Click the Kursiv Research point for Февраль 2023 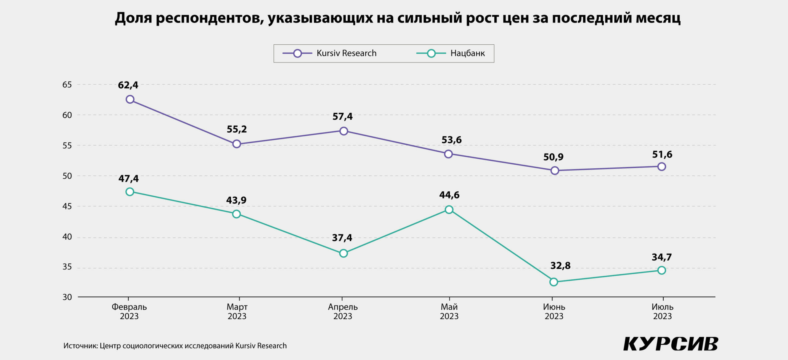click(x=130, y=99)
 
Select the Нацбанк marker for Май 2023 click(x=449, y=210)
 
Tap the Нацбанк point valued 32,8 click(x=554, y=282)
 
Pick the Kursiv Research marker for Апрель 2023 click(x=344, y=131)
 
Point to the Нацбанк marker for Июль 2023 click(x=661, y=270)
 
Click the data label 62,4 click(x=128, y=85)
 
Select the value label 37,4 click(x=342, y=238)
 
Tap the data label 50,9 click(x=553, y=157)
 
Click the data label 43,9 click(x=236, y=200)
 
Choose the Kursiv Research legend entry click(x=329, y=54)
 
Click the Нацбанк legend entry click(x=451, y=54)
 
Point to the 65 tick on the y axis click(x=67, y=85)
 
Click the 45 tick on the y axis click(x=67, y=206)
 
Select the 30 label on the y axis click(x=67, y=297)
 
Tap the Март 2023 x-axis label click(x=237, y=311)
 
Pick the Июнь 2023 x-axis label click(x=554, y=311)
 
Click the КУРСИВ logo click(x=670, y=344)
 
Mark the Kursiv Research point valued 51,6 click(x=661, y=167)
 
